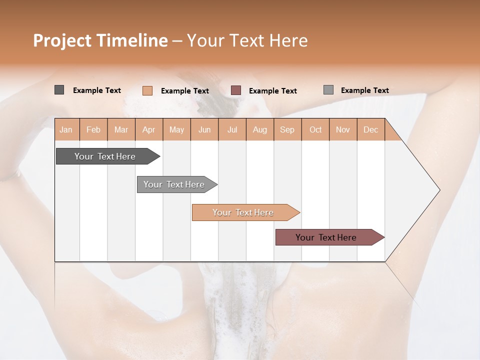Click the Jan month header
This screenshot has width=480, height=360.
(x=66, y=129)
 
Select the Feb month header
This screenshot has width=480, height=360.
(x=93, y=129)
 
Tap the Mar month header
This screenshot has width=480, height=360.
(x=121, y=129)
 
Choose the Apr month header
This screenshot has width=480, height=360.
(x=149, y=129)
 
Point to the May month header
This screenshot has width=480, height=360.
(x=176, y=129)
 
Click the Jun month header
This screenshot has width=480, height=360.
(x=204, y=129)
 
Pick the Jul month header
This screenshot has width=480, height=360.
(x=232, y=129)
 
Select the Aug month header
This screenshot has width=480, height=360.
(x=260, y=129)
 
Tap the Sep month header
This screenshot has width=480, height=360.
(x=287, y=129)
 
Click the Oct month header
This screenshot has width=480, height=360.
(x=315, y=129)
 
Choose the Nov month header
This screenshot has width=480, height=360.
(x=343, y=129)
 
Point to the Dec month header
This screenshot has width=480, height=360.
(x=371, y=129)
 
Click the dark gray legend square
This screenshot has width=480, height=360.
(x=59, y=90)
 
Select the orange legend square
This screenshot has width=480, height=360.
(x=147, y=90)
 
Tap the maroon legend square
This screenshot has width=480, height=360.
(x=236, y=90)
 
